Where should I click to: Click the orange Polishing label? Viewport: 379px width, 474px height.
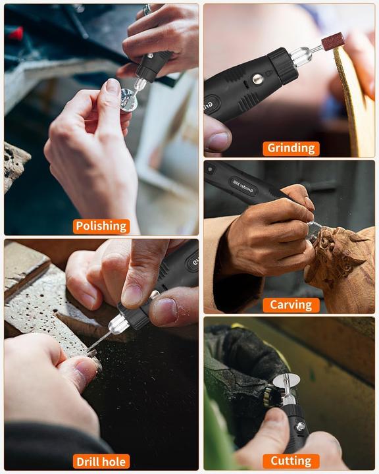pos(101,226)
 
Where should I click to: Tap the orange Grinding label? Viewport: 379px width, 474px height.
pos(291,148)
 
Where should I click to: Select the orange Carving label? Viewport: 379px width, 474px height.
pos(291,305)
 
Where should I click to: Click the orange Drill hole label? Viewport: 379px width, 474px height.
pos(101,461)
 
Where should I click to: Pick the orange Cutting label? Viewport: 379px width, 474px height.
pos(291,461)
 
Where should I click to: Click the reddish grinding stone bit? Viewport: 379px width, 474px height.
pos(332,41)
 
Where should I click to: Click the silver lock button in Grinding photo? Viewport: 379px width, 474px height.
pos(257,80)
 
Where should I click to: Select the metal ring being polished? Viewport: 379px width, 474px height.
pos(128,101)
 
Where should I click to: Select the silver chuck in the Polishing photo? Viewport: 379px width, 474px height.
pos(139,85)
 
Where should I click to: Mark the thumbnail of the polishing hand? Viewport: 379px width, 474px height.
pos(113,87)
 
